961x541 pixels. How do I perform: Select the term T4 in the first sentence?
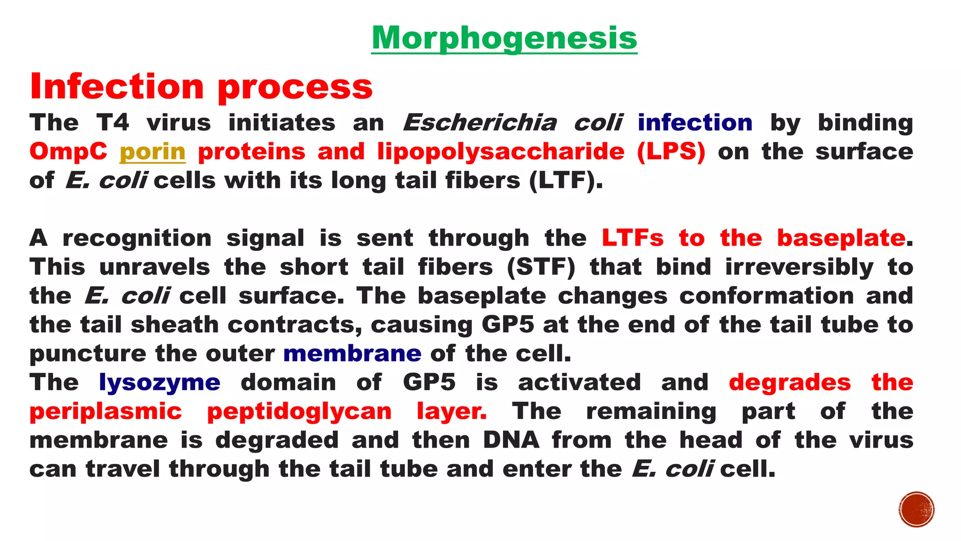pos(113,123)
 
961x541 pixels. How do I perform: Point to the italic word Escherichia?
pos(480,123)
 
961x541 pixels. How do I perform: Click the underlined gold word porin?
pos(153,152)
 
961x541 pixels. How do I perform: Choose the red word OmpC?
pos(69,152)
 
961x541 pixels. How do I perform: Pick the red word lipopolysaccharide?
pos(501,152)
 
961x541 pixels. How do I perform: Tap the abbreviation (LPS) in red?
pos(671,152)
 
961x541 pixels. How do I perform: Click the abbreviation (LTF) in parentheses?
pos(565,181)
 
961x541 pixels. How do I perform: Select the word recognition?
pos(137,238)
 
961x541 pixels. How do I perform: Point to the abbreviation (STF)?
pos(541,267)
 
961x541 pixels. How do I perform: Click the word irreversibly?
pos(799,267)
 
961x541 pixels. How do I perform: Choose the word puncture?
pos(88,354)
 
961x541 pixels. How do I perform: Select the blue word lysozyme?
pos(160,383)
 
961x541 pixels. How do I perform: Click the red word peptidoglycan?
pos(299,411)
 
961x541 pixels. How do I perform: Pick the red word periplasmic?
pos(106,411)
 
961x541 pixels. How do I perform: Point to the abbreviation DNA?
pos(511,441)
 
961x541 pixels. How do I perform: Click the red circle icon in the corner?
pos(916,510)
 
